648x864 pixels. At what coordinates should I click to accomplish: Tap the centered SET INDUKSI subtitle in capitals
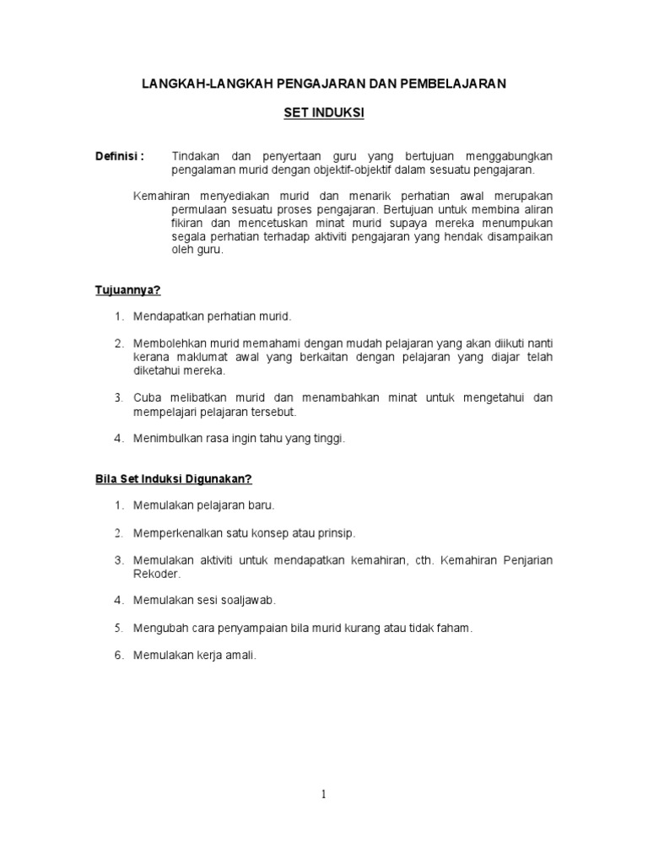(324, 112)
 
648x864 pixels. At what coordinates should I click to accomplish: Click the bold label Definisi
(119, 156)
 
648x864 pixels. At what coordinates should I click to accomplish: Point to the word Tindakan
(195, 156)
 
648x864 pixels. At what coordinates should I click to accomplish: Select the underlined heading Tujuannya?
(127, 289)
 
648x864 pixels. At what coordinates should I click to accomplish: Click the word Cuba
(147, 397)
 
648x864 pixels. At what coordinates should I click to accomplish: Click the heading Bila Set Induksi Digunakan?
(173, 478)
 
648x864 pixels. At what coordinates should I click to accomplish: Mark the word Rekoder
(156, 574)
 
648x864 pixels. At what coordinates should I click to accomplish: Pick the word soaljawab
(248, 600)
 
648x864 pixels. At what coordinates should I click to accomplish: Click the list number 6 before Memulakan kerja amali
(119, 655)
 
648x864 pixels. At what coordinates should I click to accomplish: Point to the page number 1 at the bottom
(324, 794)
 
